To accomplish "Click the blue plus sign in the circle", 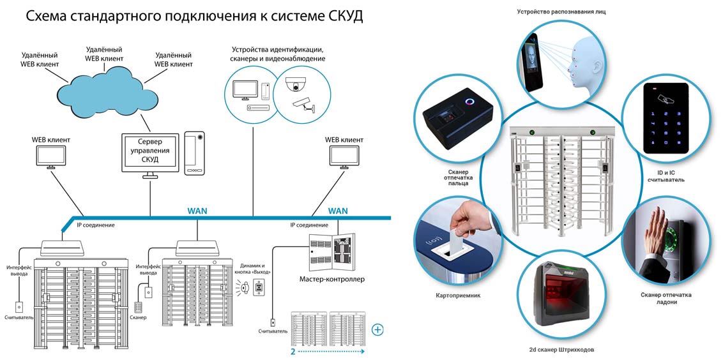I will point(377,329).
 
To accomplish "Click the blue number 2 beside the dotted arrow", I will point(293,351).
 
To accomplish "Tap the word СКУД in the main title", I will point(340,17).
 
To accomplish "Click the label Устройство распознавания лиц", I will point(560,11).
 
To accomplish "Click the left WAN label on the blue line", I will point(197,210).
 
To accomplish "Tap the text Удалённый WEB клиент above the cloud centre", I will point(103,54).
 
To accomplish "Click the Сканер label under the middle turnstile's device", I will point(139,317).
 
